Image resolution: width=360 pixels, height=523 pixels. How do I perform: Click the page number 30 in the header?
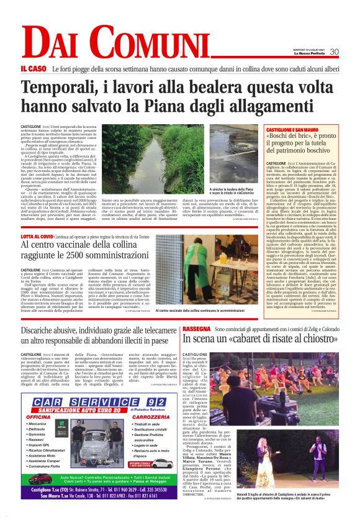point(334,52)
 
